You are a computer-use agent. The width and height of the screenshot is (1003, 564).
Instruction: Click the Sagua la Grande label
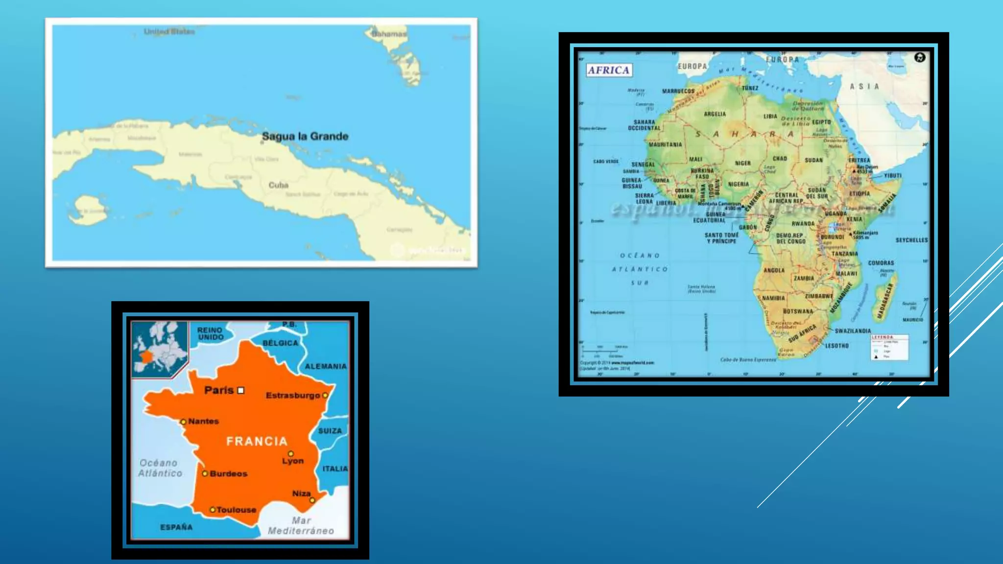[x=305, y=137]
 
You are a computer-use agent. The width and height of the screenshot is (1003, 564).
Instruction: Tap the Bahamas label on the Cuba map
[x=389, y=34]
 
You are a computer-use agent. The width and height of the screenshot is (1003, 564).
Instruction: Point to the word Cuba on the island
[x=278, y=185]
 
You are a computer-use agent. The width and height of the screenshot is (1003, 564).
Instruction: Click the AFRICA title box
[x=609, y=70]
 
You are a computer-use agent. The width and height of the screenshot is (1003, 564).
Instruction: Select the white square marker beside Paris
[x=240, y=390]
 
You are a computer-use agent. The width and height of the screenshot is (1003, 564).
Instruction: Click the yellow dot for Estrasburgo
[x=325, y=395]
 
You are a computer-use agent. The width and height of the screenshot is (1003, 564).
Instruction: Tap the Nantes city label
[x=203, y=421]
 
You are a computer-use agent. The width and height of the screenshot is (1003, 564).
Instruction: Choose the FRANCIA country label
[x=257, y=441]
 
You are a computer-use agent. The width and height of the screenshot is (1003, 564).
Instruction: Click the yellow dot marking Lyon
[x=290, y=454]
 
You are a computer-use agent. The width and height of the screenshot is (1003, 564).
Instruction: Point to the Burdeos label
[x=228, y=473]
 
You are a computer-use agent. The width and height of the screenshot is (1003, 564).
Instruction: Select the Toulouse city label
[x=236, y=510]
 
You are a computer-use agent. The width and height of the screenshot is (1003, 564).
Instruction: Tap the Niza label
[x=301, y=493]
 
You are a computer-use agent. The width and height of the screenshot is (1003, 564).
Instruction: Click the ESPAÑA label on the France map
[x=176, y=527]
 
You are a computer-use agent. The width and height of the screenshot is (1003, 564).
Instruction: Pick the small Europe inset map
[x=160, y=348]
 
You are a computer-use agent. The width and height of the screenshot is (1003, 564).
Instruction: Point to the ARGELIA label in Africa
[x=715, y=114]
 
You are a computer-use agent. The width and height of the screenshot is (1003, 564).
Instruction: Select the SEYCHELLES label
[x=911, y=240]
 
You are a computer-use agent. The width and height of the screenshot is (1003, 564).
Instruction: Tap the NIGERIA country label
[x=738, y=184]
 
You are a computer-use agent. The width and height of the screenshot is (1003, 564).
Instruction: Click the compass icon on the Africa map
[x=920, y=57]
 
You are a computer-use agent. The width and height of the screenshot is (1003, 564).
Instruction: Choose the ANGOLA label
[x=774, y=270]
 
